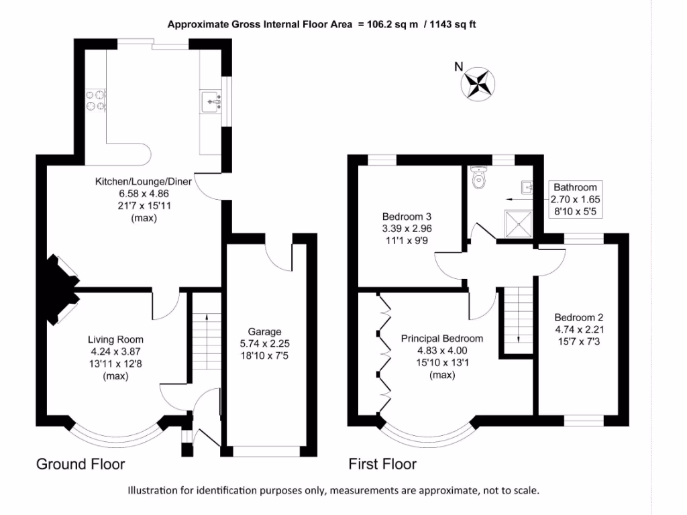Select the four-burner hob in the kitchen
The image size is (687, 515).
click(95, 100)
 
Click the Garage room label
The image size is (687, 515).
click(264, 331)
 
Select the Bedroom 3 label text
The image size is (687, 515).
click(407, 217)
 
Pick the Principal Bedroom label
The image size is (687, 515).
click(442, 339)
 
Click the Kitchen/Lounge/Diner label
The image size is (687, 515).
click(143, 182)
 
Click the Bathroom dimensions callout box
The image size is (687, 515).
click(575, 199)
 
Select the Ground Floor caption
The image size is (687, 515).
click(81, 464)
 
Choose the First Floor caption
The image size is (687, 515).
click(382, 464)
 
